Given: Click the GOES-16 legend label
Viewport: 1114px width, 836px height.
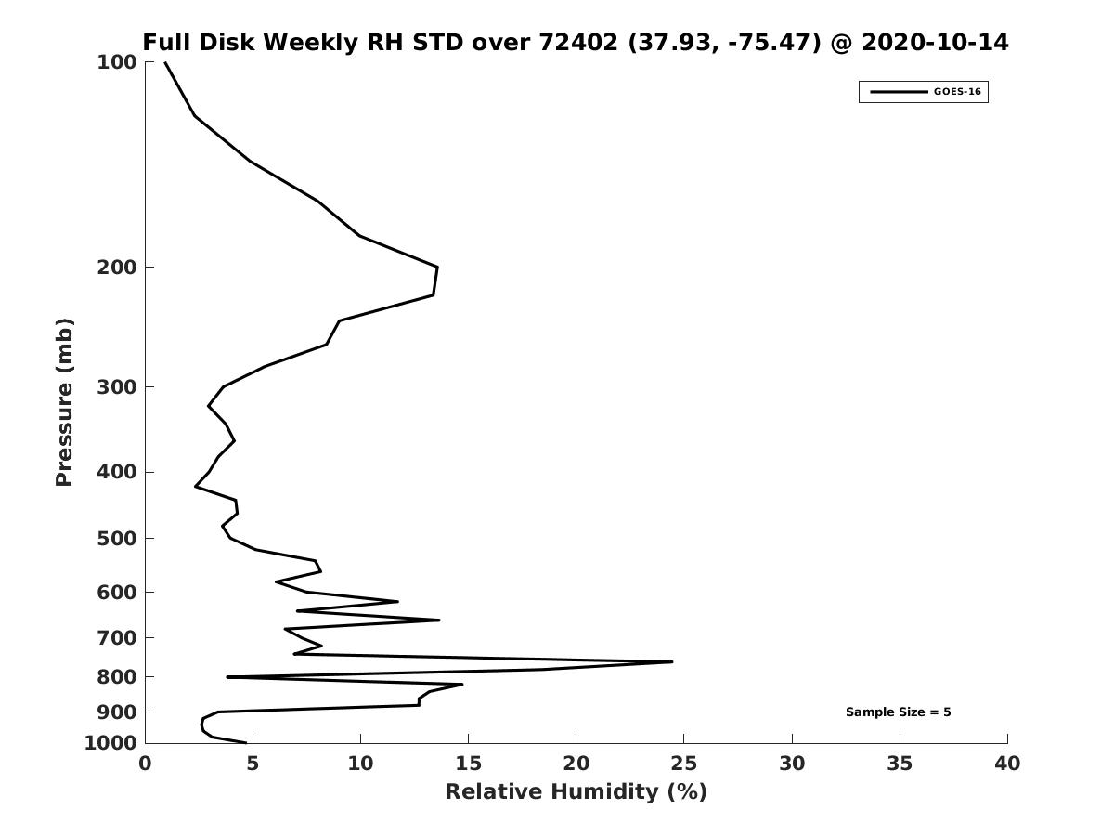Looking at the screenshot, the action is [x=957, y=92].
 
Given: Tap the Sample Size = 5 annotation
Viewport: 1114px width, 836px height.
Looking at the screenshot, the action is [x=899, y=712].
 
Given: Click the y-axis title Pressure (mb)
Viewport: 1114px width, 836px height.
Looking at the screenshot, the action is [x=64, y=402].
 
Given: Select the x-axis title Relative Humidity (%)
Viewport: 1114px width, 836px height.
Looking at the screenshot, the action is [x=576, y=791].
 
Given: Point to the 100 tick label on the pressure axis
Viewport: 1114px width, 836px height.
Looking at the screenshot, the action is [x=117, y=62].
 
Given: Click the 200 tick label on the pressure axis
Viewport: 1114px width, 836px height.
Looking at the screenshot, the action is [x=117, y=267].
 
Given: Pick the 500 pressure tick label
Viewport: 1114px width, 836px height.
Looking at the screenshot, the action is [x=117, y=538].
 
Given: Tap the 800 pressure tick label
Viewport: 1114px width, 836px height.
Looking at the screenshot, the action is [x=117, y=676].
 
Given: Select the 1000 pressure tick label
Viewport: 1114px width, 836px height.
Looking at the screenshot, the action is [x=110, y=743].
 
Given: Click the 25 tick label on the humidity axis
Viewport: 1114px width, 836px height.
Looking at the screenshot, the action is [x=683, y=764].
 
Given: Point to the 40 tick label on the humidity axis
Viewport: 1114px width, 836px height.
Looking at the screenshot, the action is [x=1007, y=764].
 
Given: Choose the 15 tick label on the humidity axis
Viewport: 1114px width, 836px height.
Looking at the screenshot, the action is [x=468, y=764].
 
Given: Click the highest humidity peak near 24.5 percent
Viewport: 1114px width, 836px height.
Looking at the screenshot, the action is [x=672, y=662].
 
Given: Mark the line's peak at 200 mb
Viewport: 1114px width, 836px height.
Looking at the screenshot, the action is [x=437, y=267].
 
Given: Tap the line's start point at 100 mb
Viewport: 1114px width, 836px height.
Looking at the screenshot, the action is [x=165, y=62].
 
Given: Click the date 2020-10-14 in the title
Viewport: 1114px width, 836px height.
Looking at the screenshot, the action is [x=935, y=42].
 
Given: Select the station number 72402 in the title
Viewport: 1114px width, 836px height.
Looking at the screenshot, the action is [x=578, y=42].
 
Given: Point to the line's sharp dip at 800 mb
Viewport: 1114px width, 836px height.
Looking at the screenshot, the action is [x=227, y=677].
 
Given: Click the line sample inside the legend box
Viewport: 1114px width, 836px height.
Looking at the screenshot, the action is [x=899, y=92].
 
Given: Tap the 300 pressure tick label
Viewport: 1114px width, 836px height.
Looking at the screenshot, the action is [x=117, y=387].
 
